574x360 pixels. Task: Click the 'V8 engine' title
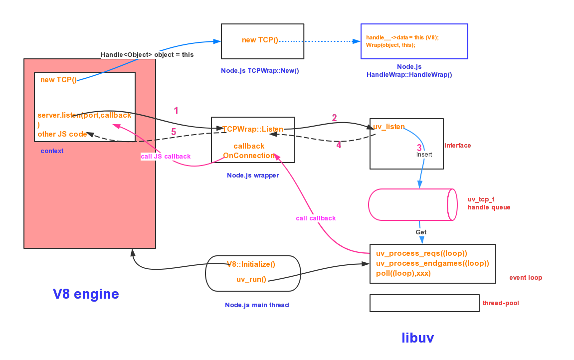point(86,294)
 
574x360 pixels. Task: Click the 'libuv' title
point(418,338)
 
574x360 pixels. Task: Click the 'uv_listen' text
point(389,127)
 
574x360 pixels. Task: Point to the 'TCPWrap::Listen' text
point(252,129)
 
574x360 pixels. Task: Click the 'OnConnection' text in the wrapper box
point(248,156)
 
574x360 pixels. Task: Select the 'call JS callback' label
point(166,157)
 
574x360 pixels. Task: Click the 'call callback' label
point(316,218)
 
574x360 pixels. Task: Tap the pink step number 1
point(176,111)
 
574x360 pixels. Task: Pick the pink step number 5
point(174,132)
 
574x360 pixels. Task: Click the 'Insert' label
point(424,155)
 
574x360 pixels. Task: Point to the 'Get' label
point(421,232)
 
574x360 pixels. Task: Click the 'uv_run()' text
point(251,280)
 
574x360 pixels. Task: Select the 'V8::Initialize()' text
point(251,264)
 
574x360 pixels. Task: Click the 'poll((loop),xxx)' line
point(403,273)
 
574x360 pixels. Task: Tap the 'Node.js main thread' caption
point(257,305)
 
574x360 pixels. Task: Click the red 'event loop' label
point(526,278)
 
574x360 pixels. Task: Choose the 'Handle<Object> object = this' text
point(147,54)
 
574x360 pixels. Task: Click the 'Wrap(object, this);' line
point(390,45)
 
